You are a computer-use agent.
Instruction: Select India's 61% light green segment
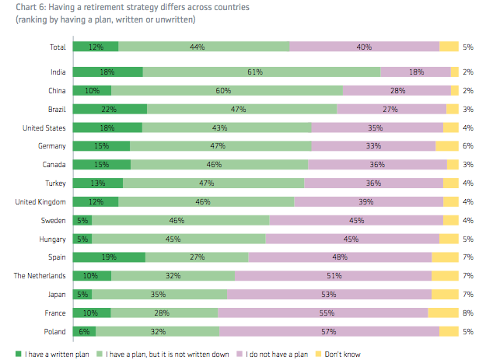tap(261, 72)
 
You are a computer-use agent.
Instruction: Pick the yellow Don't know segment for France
tap(443, 313)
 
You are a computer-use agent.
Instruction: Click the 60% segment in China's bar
tap(227, 90)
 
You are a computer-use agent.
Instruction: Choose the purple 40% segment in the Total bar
tap(364, 47)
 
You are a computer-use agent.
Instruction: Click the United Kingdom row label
tap(40, 201)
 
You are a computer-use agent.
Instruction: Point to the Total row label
tap(57, 47)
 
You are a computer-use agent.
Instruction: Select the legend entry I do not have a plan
tap(276, 355)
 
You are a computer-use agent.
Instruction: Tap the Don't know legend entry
tap(342, 355)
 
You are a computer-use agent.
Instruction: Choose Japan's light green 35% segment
tap(159, 294)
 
